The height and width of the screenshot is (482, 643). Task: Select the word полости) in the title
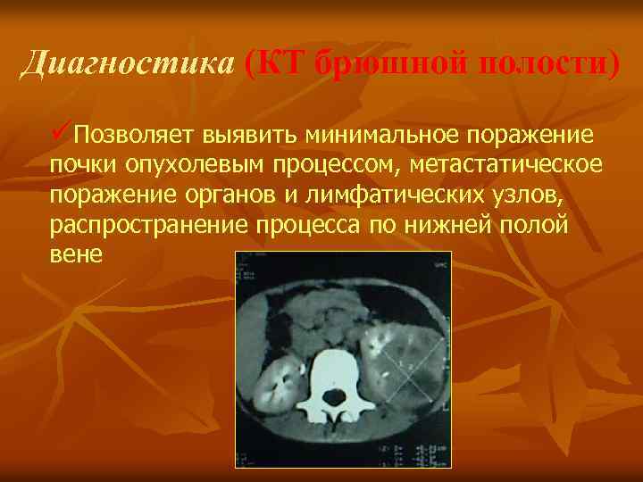point(547,64)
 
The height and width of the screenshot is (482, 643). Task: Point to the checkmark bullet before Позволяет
point(62,134)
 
